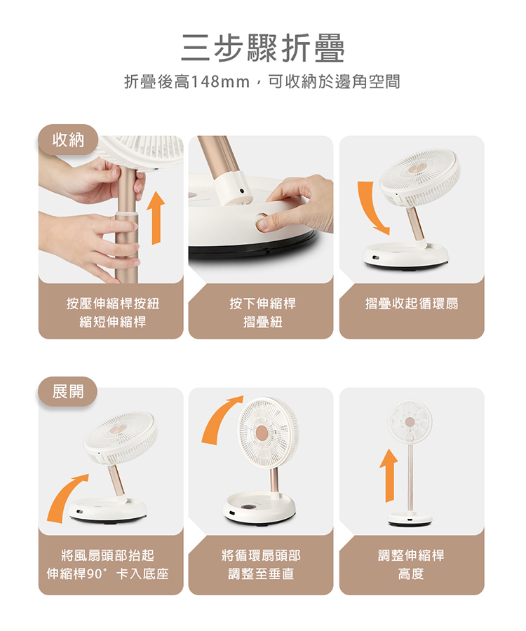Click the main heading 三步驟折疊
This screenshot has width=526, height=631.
(x=263, y=48)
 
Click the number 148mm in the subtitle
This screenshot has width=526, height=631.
(x=220, y=82)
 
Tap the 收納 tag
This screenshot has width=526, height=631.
(x=68, y=140)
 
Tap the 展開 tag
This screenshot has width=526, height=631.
(x=68, y=391)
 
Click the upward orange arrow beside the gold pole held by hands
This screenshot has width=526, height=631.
(x=156, y=218)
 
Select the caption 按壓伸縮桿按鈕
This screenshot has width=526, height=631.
(x=113, y=304)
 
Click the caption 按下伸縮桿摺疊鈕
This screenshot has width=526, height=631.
(x=263, y=313)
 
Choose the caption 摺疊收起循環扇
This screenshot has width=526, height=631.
(x=412, y=304)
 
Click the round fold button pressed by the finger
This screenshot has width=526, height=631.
(x=262, y=222)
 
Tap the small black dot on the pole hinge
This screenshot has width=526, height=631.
(x=241, y=191)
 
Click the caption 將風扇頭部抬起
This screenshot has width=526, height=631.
(x=108, y=555)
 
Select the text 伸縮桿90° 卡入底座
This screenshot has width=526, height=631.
(x=108, y=574)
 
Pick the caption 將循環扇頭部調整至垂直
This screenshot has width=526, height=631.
(x=261, y=564)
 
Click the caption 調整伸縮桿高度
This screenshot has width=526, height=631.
(x=411, y=564)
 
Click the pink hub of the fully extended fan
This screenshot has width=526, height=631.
(x=410, y=422)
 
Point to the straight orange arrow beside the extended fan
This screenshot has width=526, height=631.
(x=389, y=475)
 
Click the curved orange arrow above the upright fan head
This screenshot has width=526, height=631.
(x=220, y=419)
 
